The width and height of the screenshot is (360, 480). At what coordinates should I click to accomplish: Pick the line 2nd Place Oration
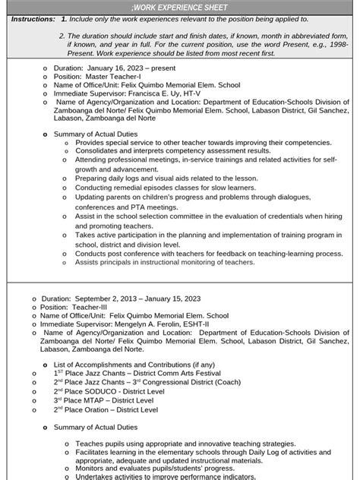point(106,409)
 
